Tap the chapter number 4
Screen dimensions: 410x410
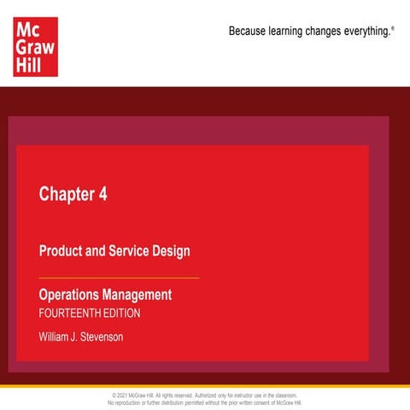coord(102,194)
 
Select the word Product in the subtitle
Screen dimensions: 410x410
coord(61,251)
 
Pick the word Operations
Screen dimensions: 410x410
coord(69,295)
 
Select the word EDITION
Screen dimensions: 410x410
coord(123,313)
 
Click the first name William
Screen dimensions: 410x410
coord(58,337)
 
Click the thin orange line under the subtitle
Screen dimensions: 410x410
coord(119,278)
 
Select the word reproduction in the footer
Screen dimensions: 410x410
coord(132,402)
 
